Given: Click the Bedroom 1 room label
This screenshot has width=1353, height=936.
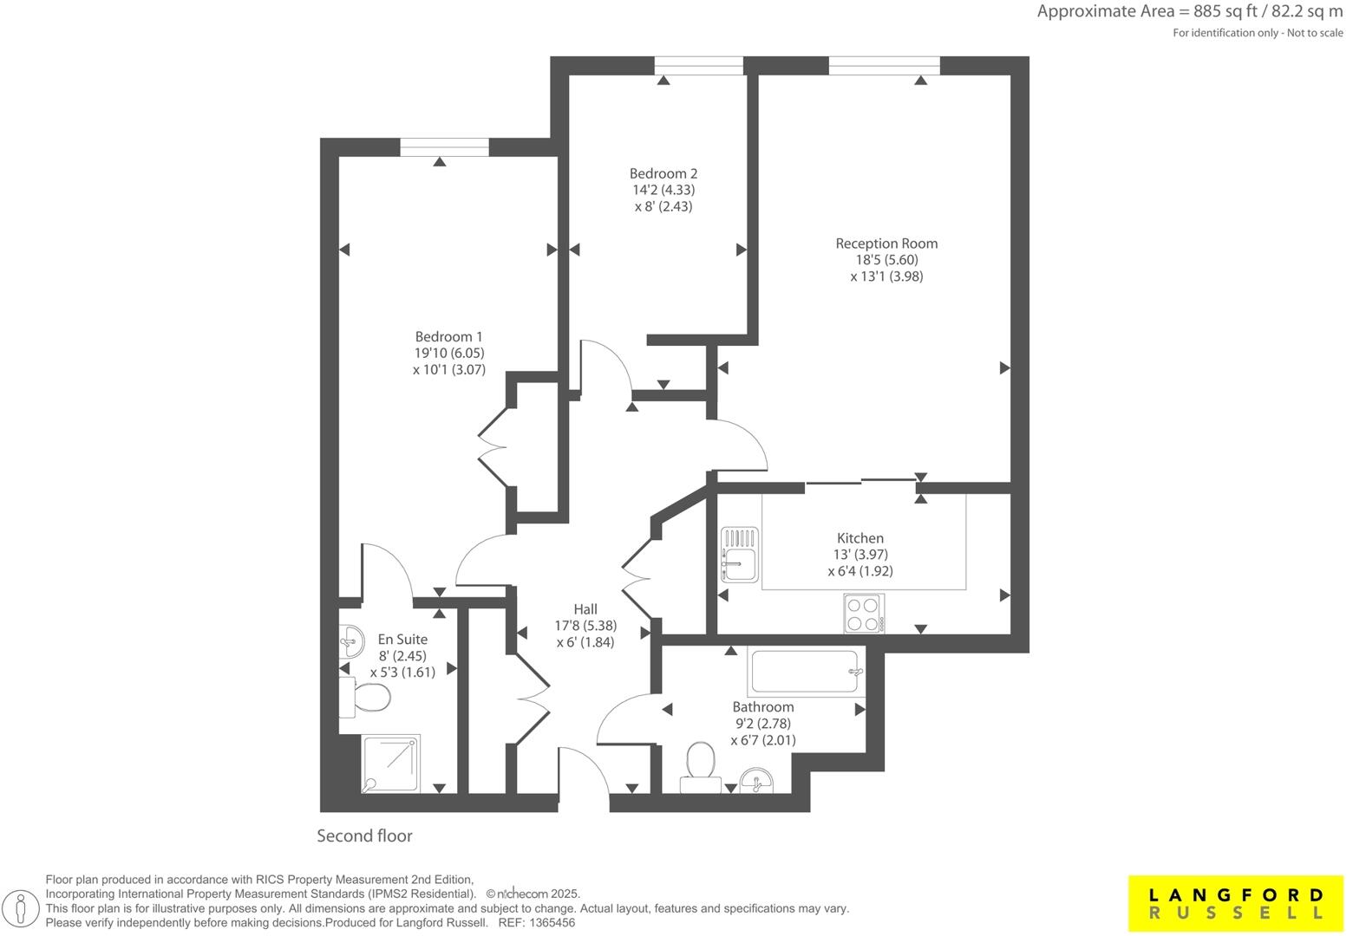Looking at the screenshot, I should click(x=448, y=337).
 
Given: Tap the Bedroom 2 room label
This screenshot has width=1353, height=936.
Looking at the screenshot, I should click(x=663, y=173).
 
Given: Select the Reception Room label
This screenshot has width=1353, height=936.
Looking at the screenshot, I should click(x=886, y=244).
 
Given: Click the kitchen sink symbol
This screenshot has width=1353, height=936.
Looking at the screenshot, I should click(x=739, y=555).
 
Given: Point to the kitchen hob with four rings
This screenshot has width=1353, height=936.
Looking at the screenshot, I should click(x=864, y=614).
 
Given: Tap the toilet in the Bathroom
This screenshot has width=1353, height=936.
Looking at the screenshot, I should click(x=699, y=764).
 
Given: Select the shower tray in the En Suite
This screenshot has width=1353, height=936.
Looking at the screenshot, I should click(x=391, y=764).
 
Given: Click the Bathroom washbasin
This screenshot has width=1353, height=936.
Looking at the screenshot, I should click(x=757, y=781).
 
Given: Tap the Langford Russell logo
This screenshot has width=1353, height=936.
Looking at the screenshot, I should click(x=1235, y=904).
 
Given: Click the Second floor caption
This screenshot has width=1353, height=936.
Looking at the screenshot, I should click(x=364, y=836).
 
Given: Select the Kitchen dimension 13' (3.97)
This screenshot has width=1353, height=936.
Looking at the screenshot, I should click(x=860, y=555).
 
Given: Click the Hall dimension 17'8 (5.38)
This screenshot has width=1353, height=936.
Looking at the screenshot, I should click(x=585, y=626).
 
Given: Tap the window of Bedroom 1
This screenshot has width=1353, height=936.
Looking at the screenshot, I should click(x=444, y=147).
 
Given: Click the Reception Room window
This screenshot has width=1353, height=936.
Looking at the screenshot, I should click(x=884, y=66).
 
